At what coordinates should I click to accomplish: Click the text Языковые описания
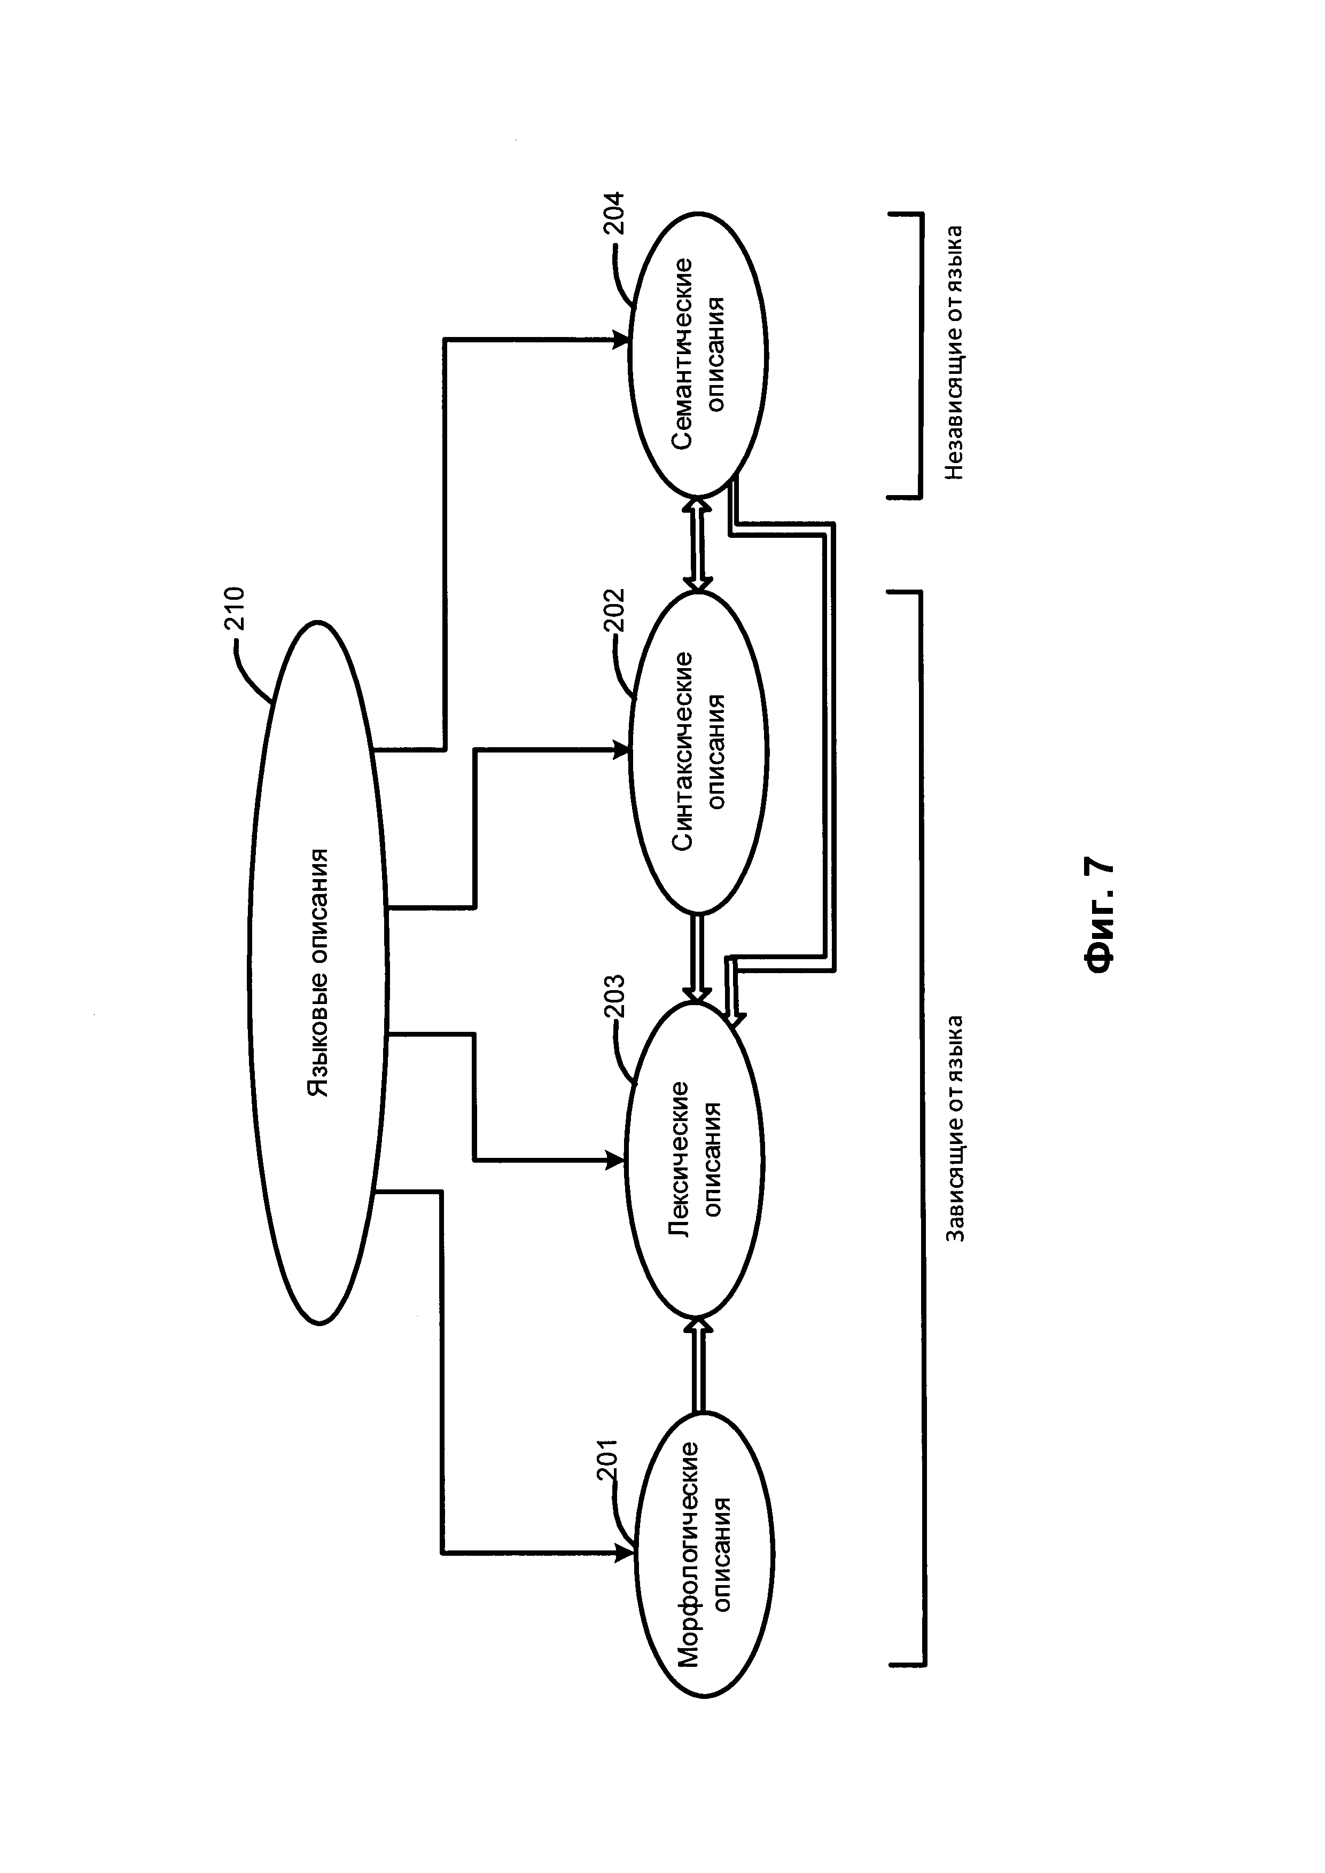(x=318, y=973)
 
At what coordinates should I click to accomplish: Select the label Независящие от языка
(x=955, y=352)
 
